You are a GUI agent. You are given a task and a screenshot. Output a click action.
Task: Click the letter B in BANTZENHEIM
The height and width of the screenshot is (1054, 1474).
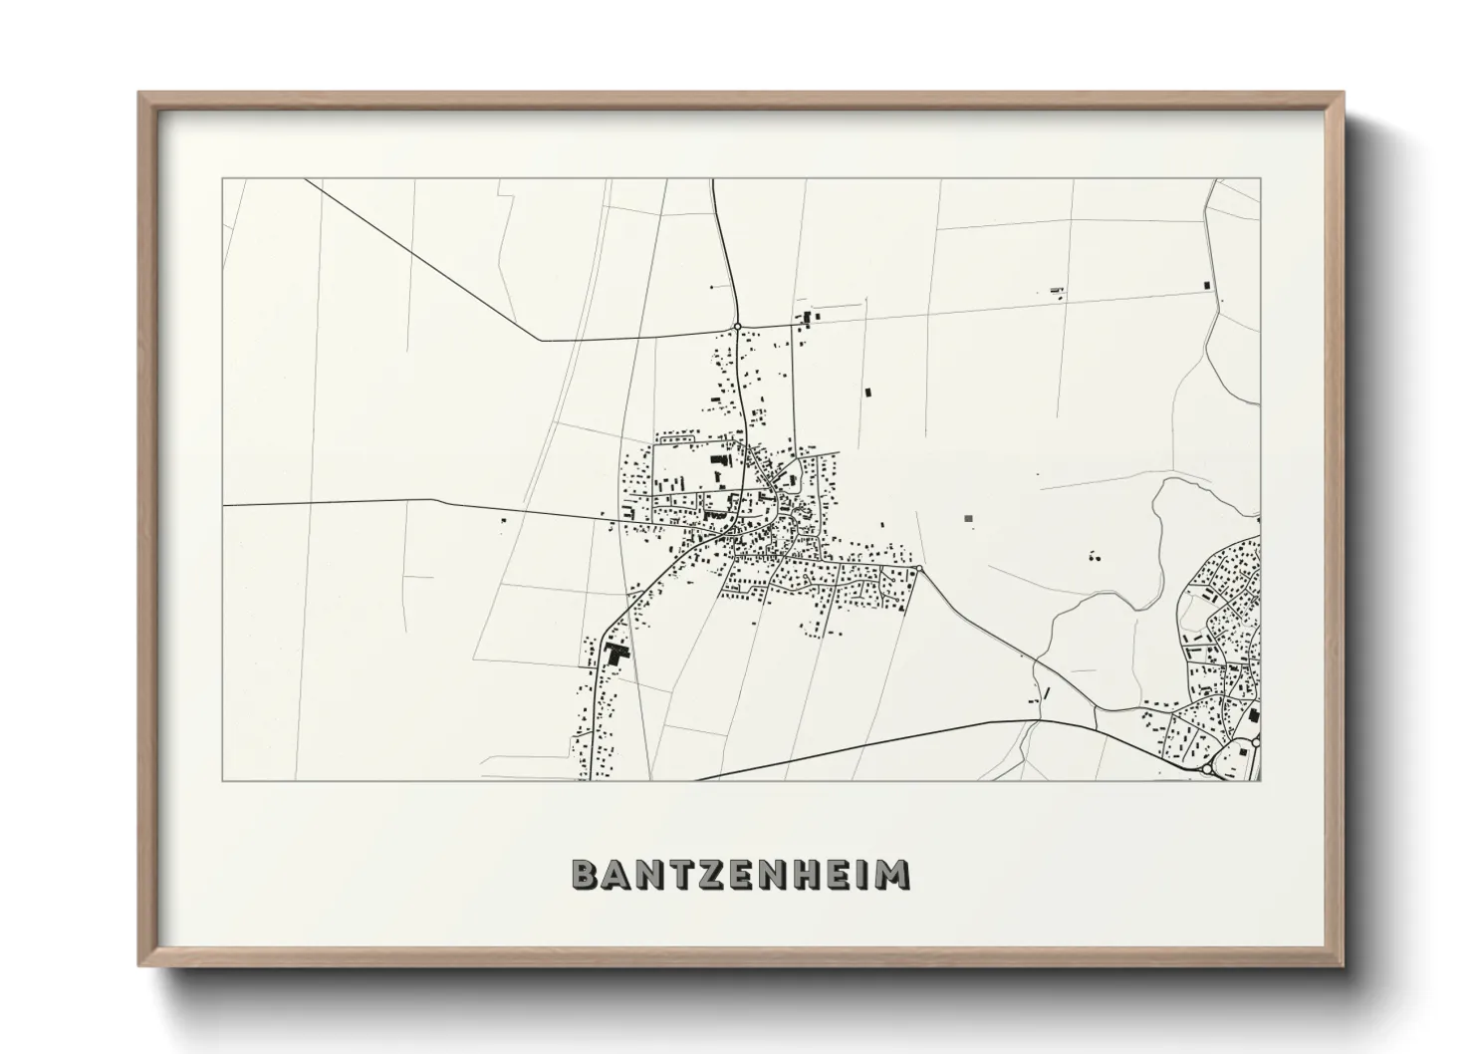tap(585, 874)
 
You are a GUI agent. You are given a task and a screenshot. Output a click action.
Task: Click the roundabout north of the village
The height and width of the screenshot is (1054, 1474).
tap(736, 326)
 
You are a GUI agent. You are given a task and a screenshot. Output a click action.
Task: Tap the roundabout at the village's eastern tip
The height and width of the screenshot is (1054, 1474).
tap(919, 569)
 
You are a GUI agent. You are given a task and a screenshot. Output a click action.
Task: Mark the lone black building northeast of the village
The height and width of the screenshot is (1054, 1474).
tap(865, 393)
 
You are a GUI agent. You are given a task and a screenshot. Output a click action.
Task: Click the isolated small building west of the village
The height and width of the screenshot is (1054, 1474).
tap(502, 519)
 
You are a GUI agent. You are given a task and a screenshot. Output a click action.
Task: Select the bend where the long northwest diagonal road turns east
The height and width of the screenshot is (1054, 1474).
tap(541, 341)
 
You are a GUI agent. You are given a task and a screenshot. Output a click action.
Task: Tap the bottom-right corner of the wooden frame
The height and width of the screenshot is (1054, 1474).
tap(1345, 965)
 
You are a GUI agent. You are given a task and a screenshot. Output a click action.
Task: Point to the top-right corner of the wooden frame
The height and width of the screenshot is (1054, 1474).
tap(1345, 94)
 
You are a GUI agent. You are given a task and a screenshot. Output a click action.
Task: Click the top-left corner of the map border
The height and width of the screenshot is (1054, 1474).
tap(223, 179)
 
